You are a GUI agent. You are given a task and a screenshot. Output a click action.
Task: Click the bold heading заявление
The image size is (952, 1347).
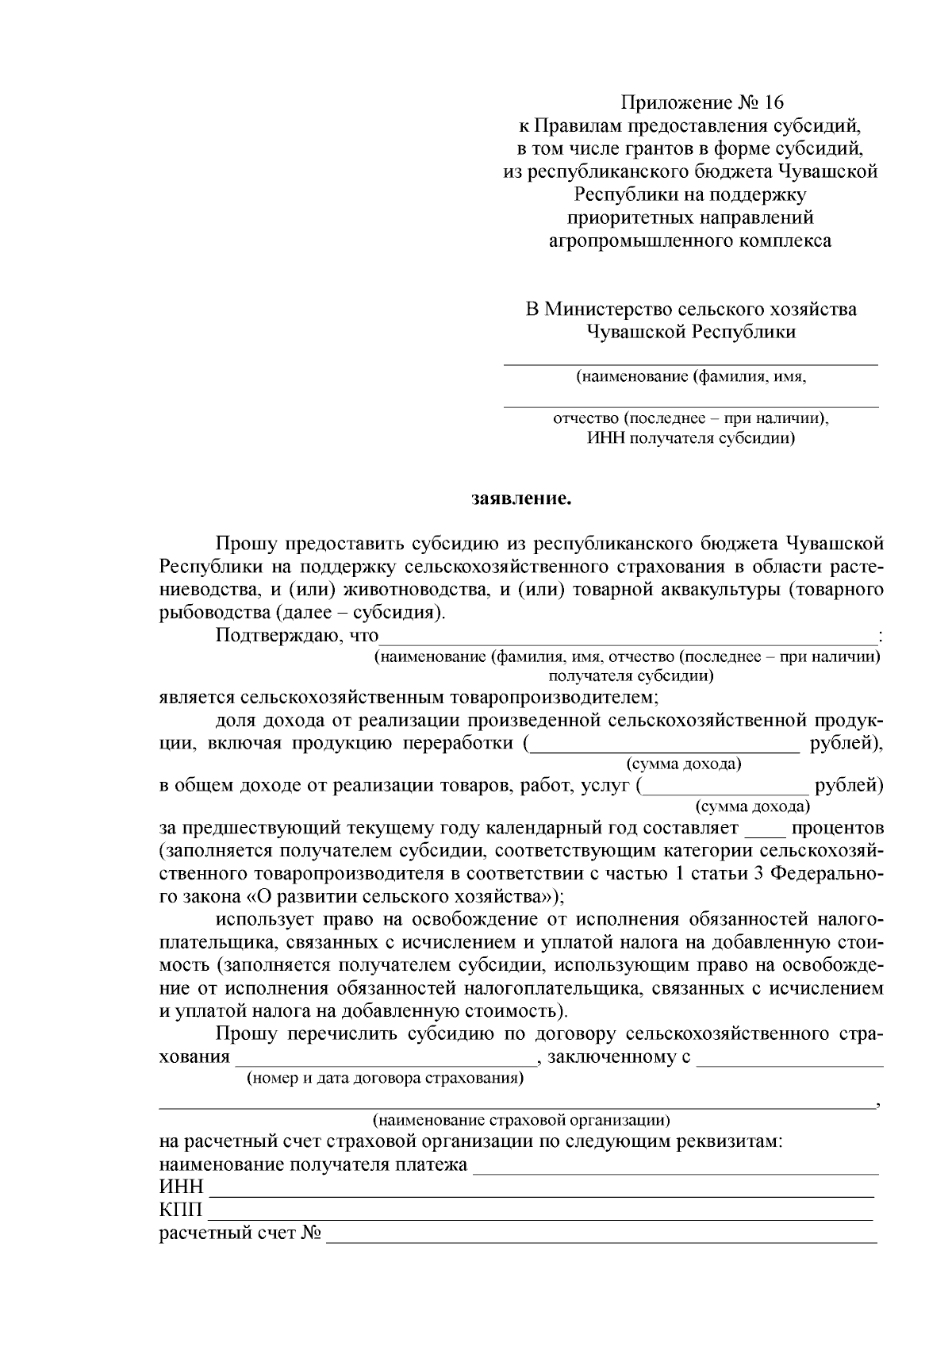521,499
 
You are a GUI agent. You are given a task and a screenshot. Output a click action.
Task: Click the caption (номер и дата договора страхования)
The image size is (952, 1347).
385,1079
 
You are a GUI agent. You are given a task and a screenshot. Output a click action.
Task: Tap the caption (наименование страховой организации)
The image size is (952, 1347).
521,1120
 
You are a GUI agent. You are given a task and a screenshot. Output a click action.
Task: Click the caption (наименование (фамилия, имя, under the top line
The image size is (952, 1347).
691,376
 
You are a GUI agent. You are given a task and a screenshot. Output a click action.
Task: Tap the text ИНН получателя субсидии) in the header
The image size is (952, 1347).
691,438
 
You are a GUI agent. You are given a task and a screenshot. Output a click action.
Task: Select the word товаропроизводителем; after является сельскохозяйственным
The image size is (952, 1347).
555,698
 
